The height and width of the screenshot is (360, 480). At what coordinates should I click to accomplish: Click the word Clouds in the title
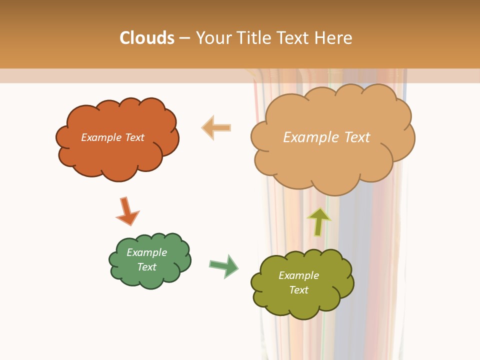[147, 38]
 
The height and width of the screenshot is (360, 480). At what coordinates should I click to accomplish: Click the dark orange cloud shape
[115, 155]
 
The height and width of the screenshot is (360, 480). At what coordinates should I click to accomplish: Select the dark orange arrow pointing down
[127, 211]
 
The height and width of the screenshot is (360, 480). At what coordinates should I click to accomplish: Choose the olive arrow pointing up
[318, 221]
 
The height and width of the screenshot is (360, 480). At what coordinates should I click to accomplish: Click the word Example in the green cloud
[147, 252]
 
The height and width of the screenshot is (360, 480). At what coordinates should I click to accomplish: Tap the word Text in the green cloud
[147, 267]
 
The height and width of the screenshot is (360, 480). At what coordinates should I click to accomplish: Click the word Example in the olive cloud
[298, 275]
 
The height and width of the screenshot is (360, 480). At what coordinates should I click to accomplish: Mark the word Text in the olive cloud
[298, 290]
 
